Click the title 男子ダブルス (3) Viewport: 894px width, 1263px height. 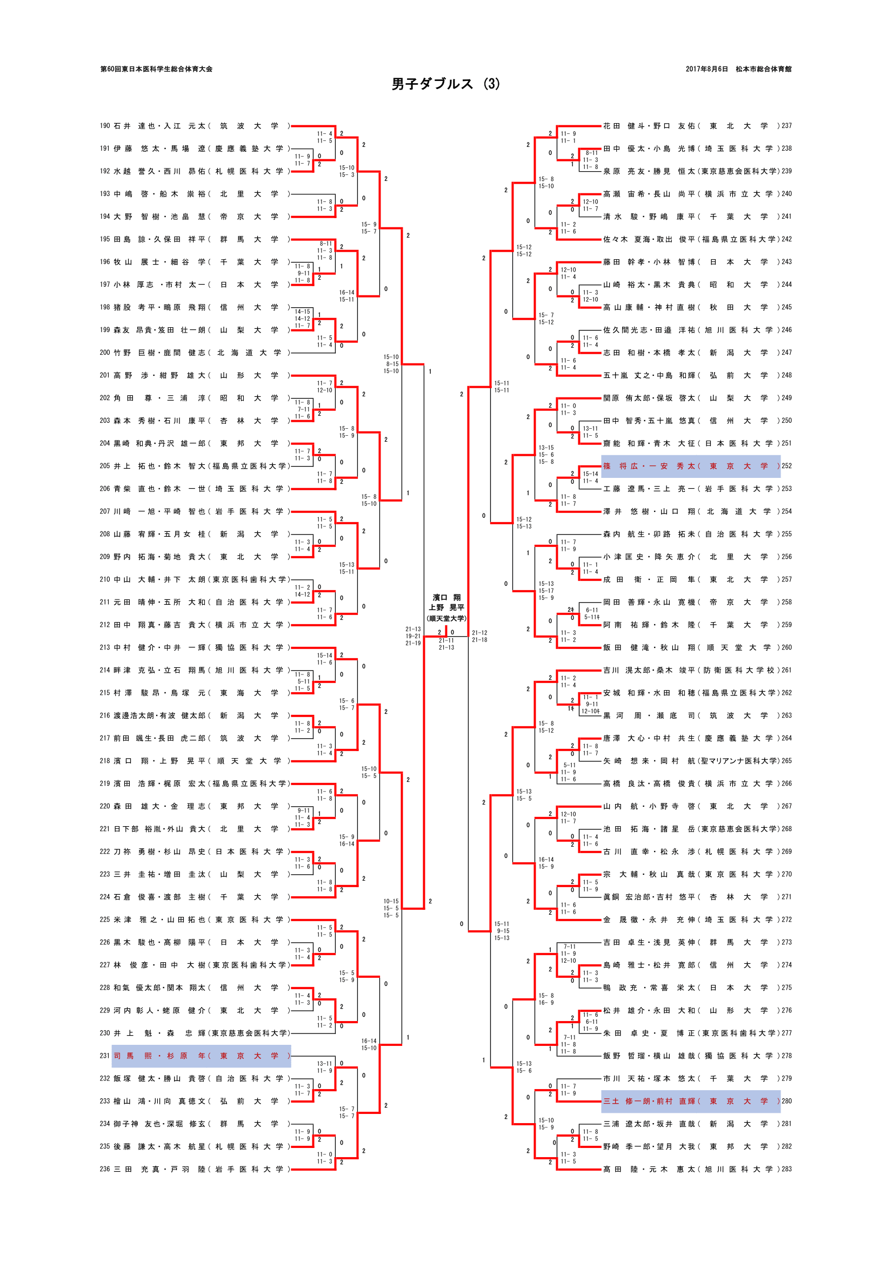pyautogui.click(x=446, y=84)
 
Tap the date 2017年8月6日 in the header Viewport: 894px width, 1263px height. pyautogui.click(x=706, y=69)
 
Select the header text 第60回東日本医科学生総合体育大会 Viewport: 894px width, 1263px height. pyautogui.click(x=156, y=69)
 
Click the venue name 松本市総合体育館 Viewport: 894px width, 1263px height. pyautogui.click(x=764, y=69)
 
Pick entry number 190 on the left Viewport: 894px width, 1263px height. pyautogui.click(x=105, y=126)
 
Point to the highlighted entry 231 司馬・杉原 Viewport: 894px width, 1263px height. pyautogui.click(x=201, y=1056)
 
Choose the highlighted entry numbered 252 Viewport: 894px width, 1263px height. pyautogui.click(x=691, y=466)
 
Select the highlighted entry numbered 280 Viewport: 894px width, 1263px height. pyautogui.click(x=691, y=1100)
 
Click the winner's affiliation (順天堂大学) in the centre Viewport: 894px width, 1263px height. pyautogui.click(x=446, y=618)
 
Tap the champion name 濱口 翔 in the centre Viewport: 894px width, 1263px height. pyautogui.click(x=446, y=597)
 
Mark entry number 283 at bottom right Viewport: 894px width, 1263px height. pyautogui.click(x=786, y=1169)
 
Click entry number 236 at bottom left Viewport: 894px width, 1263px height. pyautogui.click(x=105, y=1169)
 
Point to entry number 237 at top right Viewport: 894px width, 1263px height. pyautogui.click(x=786, y=126)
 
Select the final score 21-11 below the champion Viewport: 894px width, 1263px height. pyautogui.click(x=446, y=640)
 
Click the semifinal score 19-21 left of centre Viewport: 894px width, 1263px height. pyautogui.click(x=413, y=636)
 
